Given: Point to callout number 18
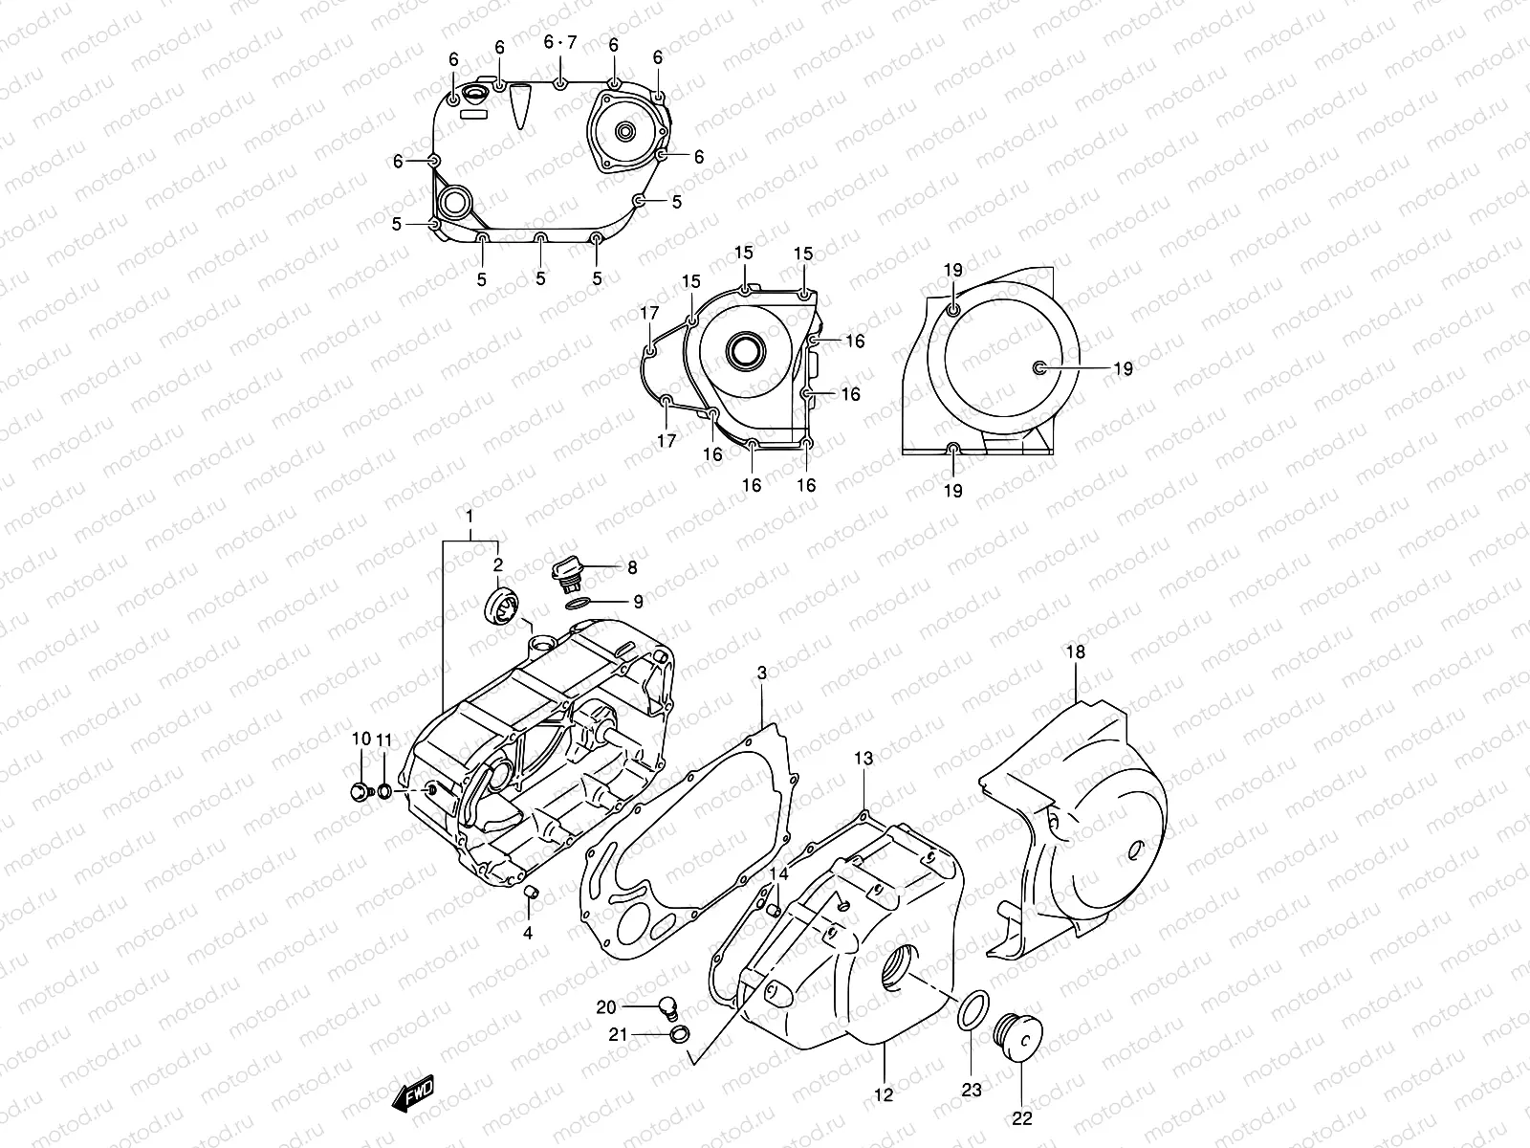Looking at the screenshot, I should coord(1076,652).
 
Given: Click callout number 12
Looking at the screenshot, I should coord(883,1094).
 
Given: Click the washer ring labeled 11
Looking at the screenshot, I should coord(383,791).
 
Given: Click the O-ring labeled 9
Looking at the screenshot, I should coord(576,604).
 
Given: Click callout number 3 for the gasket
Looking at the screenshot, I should coord(762,673).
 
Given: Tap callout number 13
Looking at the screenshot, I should coord(863,759).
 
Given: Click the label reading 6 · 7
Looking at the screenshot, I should coord(560,43).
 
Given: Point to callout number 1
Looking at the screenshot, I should coord(470,517).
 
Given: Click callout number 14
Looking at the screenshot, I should coord(779,873).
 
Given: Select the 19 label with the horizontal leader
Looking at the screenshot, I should coord(1123,368).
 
